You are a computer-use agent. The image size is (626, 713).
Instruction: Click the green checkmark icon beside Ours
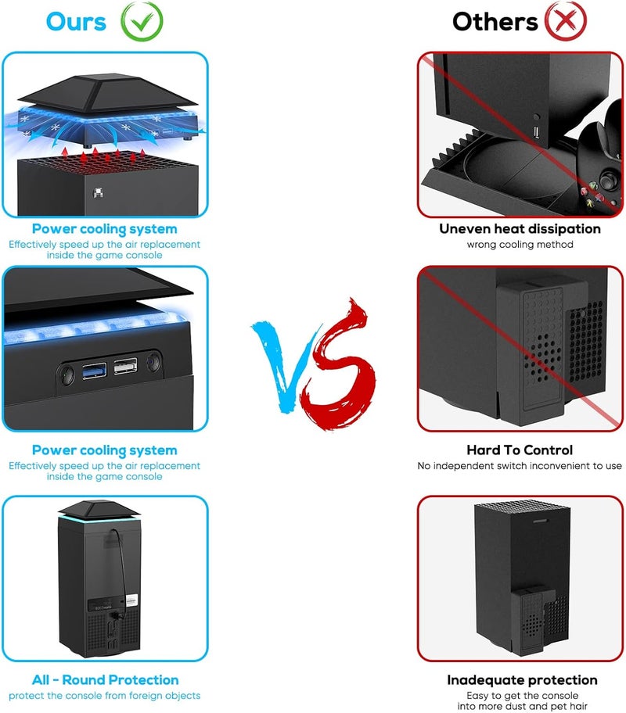(x=142, y=21)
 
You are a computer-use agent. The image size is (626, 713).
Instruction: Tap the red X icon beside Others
(x=566, y=21)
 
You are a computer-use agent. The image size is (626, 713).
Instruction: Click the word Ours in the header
(x=76, y=22)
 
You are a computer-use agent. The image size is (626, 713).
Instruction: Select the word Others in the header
(x=495, y=22)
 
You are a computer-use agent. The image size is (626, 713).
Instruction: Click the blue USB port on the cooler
(x=94, y=371)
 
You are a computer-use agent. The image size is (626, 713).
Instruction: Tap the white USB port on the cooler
(x=125, y=366)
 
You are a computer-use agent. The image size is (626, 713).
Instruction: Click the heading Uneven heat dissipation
(x=520, y=229)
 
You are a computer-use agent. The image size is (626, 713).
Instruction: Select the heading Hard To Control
(x=520, y=450)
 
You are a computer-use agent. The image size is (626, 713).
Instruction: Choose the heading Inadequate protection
(x=522, y=680)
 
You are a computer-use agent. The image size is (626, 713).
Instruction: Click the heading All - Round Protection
(x=105, y=680)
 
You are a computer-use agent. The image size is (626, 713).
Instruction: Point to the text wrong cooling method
(x=520, y=245)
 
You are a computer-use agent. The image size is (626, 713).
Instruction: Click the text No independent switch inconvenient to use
(x=520, y=466)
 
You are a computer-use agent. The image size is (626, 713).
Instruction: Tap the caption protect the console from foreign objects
(x=104, y=696)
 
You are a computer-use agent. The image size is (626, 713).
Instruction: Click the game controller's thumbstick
(x=608, y=179)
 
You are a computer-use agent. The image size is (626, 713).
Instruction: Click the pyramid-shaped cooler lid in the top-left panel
(x=108, y=95)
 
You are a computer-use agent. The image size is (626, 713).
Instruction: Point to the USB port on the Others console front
(x=536, y=132)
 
